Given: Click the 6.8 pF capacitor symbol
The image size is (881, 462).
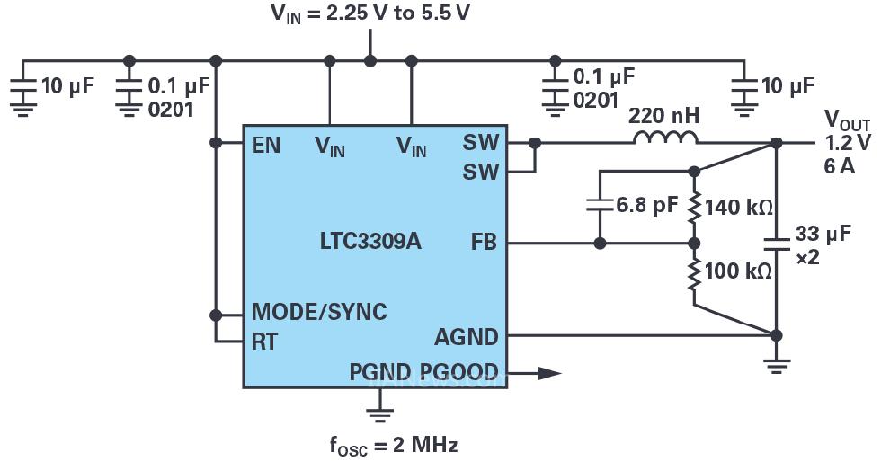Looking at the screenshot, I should [x=600, y=205].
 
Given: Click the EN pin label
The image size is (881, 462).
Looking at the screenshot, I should [x=266, y=144].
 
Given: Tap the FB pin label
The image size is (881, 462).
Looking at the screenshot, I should [x=483, y=243].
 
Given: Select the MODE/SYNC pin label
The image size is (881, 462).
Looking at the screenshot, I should [x=319, y=313].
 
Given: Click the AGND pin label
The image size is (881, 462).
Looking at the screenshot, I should [x=466, y=337].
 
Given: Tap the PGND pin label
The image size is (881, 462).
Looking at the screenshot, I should [x=379, y=372].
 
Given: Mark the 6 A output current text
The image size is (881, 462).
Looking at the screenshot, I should [x=837, y=165].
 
